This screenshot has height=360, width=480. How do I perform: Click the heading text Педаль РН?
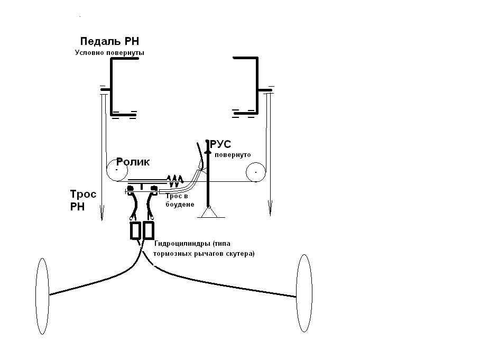tap(109, 41)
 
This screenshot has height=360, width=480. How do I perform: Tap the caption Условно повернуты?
tap(109, 53)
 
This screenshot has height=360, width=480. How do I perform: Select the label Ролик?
tap(133, 162)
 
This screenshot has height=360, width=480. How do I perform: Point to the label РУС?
tap(220, 144)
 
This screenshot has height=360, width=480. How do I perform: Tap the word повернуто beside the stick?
tap(233, 154)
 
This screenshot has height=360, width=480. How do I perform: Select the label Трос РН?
tap(83, 200)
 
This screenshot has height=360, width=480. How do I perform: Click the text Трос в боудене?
tap(180, 200)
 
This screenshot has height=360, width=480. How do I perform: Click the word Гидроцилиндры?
tap(182, 244)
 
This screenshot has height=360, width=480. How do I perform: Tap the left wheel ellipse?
tap(36, 296)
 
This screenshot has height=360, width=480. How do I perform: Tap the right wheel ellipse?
tap(297, 293)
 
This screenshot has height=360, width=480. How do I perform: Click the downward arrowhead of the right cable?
tap(270, 208)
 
